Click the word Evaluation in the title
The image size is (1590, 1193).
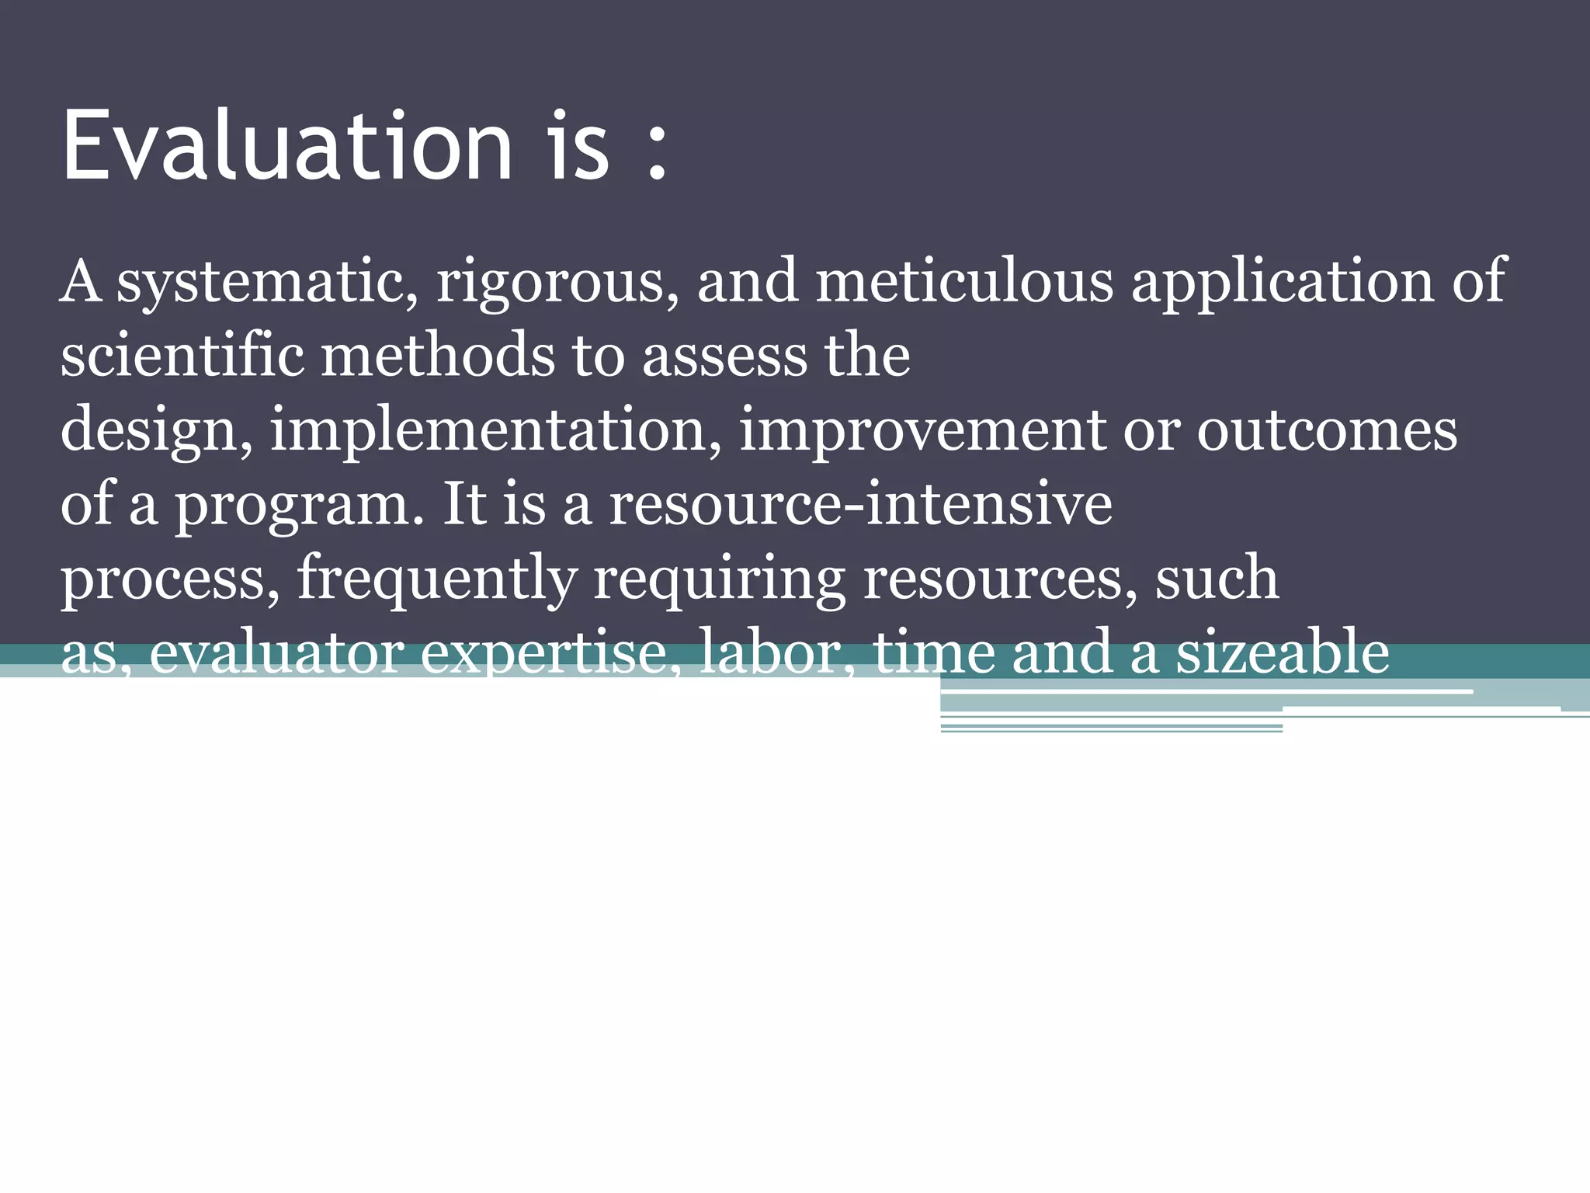click(x=287, y=145)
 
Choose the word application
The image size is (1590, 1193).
click(x=1282, y=281)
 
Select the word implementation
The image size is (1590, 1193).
click(x=496, y=430)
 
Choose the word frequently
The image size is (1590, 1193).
click(x=437, y=579)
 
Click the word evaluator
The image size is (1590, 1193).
click(x=276, y=652)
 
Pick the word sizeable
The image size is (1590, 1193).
click(x=1282, y=652)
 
